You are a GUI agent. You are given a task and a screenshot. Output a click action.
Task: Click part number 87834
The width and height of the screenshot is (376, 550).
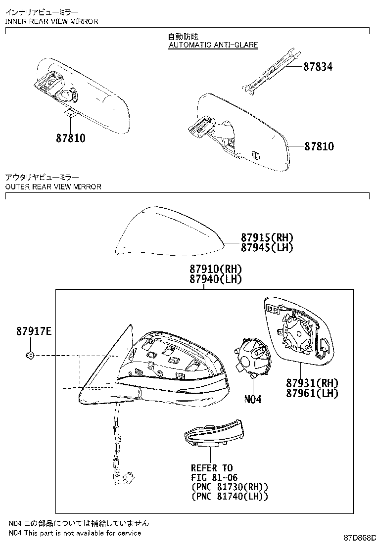click(x=318, y=66)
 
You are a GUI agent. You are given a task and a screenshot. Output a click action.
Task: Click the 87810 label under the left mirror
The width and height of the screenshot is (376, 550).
click(x=70, y=138)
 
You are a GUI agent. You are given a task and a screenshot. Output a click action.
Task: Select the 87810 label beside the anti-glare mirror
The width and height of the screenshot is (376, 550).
click(x=319, y=146)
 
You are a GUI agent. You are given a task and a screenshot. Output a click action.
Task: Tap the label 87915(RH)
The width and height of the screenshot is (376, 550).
click(x=267, y=237)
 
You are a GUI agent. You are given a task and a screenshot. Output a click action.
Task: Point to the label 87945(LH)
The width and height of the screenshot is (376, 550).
click(x=267, y=247)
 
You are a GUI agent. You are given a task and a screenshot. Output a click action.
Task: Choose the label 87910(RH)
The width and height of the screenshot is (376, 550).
click(x=216, y=269)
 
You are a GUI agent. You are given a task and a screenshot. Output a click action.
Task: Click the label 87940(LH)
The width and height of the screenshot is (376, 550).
click(x=216, y=279)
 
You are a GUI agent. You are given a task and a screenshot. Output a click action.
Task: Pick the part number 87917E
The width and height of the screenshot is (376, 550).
click(x=34, y=331)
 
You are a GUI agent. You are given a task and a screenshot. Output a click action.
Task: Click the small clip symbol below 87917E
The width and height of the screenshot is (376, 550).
click(x=30, y=355)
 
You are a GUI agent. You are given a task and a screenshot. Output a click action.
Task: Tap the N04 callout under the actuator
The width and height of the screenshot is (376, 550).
click(x=252, y=399)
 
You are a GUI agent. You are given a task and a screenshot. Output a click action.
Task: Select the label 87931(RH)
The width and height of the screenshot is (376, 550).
click(x=312, y=383)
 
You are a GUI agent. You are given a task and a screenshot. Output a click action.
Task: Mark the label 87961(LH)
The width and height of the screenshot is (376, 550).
click(x=312, y=393)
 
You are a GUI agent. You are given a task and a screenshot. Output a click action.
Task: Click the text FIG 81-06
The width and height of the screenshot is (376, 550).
click(x=214, y=477)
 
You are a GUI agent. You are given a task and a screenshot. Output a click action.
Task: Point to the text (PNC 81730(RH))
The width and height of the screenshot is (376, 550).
click(x=230, y=487)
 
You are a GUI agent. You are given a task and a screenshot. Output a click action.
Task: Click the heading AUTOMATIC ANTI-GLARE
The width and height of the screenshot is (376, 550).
click(x=213, y=45)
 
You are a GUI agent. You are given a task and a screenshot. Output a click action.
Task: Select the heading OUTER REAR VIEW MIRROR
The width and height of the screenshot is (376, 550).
click(x=53, y=186)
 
